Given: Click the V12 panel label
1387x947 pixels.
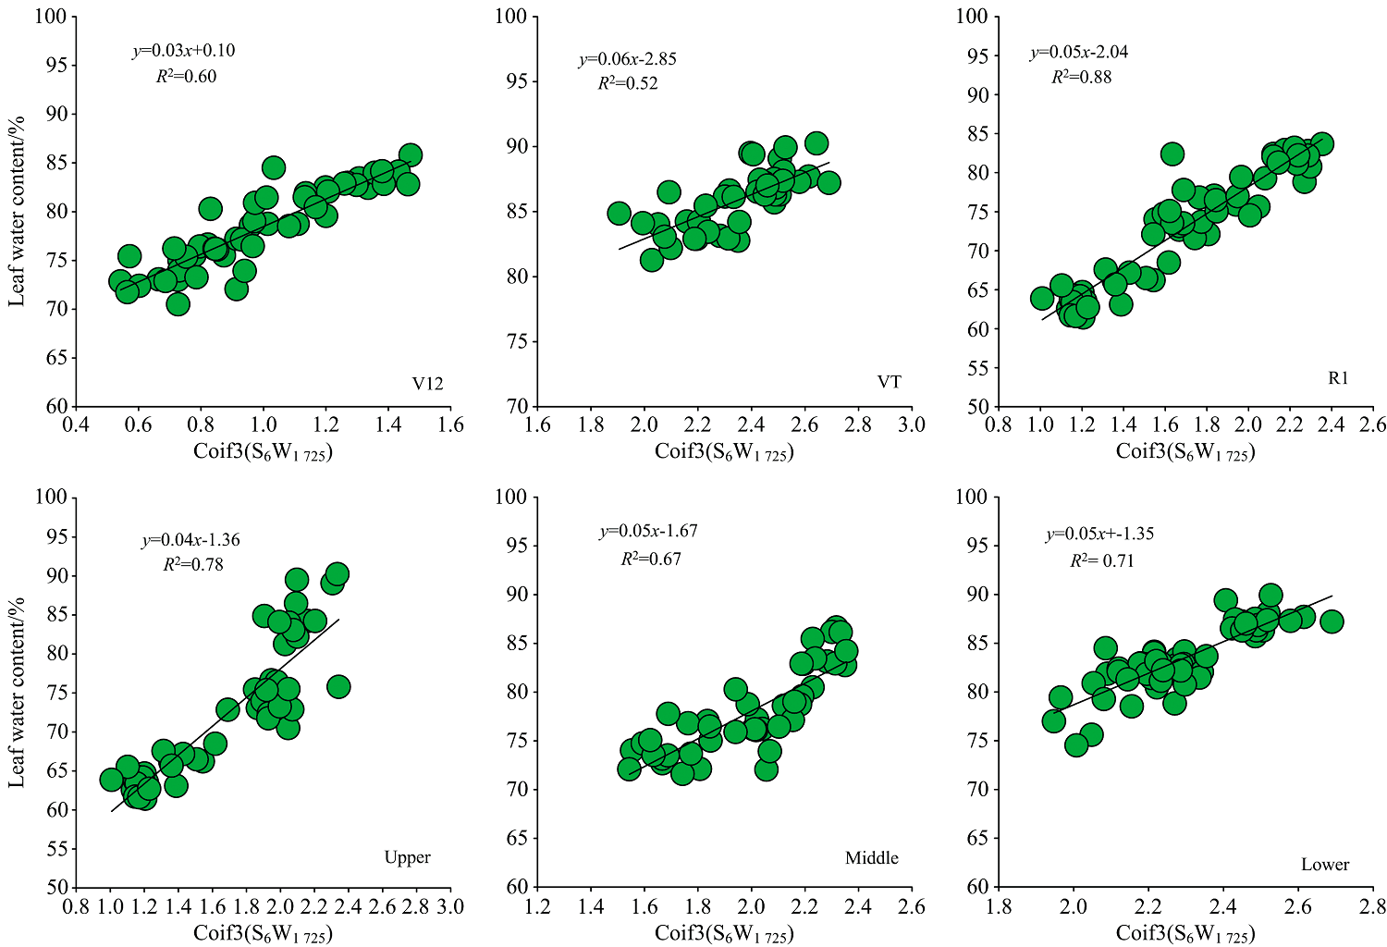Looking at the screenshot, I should (x=427, y=384).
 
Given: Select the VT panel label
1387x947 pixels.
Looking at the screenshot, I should (x=889, y=382).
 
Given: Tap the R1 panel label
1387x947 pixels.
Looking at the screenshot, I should (x=1338, y=377).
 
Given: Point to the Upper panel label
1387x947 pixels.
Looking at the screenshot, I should (x=407, y=857).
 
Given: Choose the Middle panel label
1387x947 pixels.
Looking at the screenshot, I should (x=871, y=858).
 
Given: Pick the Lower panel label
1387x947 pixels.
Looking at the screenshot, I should (x=1325, y=865).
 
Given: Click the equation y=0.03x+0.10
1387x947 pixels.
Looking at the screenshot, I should (x=184, y=51).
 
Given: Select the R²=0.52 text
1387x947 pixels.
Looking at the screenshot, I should (x=627, y=83).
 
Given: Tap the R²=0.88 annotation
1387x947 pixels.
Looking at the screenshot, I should (x=1081, y=77).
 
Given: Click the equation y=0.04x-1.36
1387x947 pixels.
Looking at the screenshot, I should (x=190, y=540).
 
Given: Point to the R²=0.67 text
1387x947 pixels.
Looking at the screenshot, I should (x=650, y=559).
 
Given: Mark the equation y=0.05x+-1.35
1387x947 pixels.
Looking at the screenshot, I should (x=1099, y=535).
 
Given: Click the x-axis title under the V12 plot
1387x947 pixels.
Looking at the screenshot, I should (x=263, y=452).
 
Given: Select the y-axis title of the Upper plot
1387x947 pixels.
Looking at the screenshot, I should (x=17, y=692).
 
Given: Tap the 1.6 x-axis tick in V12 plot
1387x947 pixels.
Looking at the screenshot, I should (x=450, y=424).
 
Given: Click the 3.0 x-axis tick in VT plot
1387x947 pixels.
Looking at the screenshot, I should (x=912, y=424).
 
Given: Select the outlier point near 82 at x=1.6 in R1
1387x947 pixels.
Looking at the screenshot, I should (x=1172, y=154).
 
